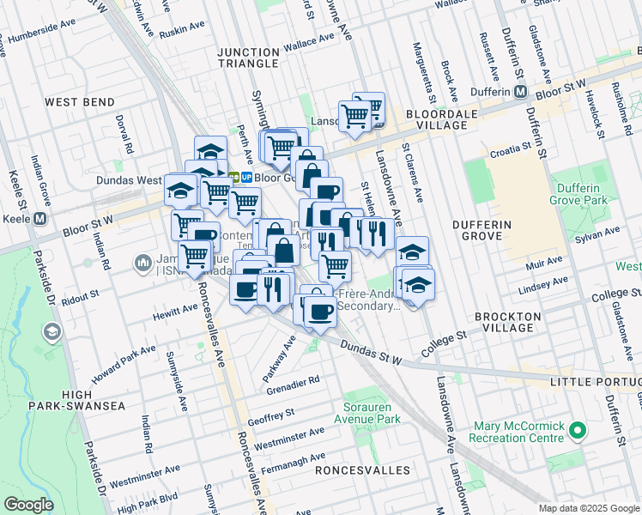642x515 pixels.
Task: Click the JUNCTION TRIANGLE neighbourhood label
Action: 248,58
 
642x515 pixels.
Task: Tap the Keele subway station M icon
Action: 39,219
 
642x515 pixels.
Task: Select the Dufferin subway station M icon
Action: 519,92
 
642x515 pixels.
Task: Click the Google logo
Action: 28,504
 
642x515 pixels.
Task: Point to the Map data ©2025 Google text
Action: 588,508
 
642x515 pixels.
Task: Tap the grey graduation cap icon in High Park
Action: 52,331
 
